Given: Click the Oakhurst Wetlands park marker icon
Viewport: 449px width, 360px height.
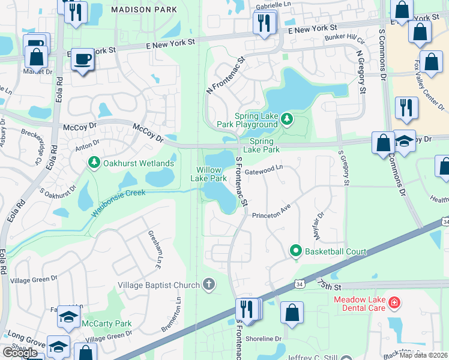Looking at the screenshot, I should pos(94,163).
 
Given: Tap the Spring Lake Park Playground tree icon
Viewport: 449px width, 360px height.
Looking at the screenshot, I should pos(287,120).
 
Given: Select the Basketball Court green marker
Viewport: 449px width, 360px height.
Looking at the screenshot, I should pos(295,251).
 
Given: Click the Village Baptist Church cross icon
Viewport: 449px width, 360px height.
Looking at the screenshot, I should pos(208,284).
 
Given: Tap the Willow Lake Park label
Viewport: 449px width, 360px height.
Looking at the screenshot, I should pos(208,174).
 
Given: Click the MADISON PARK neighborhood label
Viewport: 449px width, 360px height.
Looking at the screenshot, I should pos(144,10).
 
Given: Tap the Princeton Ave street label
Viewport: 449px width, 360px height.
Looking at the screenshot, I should pos(271,214).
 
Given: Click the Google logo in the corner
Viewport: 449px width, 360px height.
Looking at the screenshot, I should pos(20,353).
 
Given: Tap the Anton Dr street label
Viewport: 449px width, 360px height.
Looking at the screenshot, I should pos(86,146).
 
